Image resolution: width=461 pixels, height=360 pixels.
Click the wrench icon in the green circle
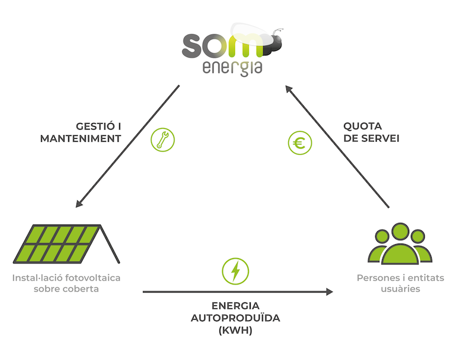pos(163,140)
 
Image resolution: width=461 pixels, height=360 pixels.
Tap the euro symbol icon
pos(300,143)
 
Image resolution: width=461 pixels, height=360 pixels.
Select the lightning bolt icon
pos(235,271)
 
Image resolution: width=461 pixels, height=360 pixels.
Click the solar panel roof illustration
pos(66,244)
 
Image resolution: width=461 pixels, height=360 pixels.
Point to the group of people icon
pos(400,244)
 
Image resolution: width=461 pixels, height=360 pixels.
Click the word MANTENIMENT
pos(81,139)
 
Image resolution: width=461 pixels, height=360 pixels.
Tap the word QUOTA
pos(362,126)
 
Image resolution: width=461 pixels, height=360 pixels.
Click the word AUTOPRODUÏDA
pos(236,318)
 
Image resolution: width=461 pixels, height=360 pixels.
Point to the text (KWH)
pos(236,330)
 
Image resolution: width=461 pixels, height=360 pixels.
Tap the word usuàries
pos(400,289)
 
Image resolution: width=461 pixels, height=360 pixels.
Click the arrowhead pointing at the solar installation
pos(80,203)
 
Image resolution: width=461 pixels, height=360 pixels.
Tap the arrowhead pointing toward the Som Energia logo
pos(289,89)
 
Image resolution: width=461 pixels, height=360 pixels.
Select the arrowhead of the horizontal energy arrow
pos(330,292)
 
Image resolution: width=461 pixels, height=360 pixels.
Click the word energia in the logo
pos(232,68)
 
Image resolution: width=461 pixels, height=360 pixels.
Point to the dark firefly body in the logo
pos(273,44)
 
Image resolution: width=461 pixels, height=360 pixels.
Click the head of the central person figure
pos(400,232)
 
